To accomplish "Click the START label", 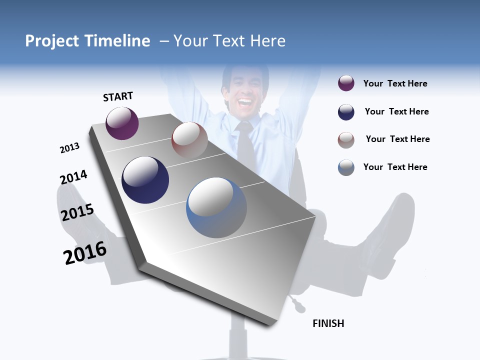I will pos(118,96).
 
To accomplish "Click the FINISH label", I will pos(328,323).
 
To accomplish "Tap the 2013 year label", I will pos(69,148).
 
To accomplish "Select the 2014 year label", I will pos(73,177).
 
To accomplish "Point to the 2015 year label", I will pos(77,212).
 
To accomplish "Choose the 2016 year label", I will pos(85,253).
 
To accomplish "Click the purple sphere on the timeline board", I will pos(122,123).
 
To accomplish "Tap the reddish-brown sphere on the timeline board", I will pos(189,139).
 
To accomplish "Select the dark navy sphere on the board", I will pos(145,180).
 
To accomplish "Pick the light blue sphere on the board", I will pos(216,207).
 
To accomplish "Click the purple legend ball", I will pos(346,83).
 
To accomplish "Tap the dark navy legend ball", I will pos(346,112).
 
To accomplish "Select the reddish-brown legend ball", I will pos(346,140).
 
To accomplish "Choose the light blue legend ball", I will pos(346,167).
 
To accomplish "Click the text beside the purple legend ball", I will pos(395,83).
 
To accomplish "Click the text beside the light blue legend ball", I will pos(395,167).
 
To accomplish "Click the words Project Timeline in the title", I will pos(87,41).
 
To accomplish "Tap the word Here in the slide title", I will pos(267,41).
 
